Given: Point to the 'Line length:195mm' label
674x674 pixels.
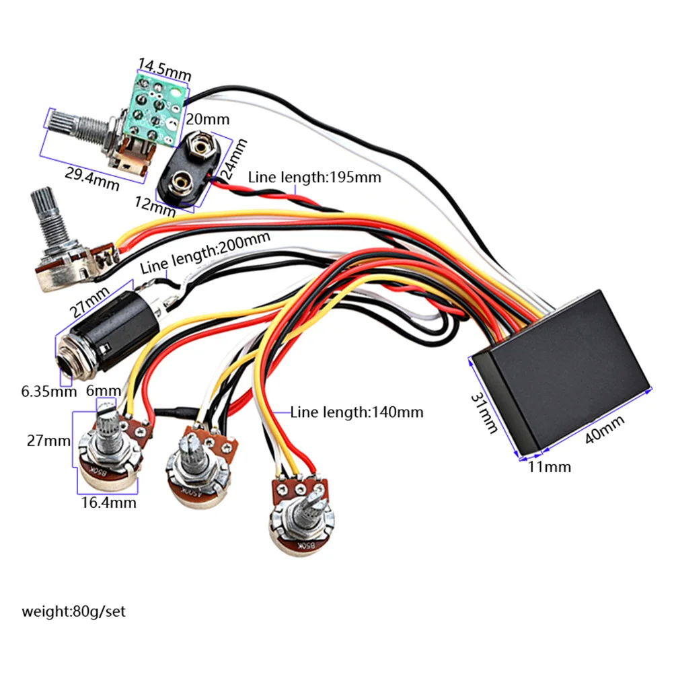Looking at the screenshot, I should tap(314, 178).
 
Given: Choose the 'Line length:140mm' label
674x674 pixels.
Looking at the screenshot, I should tap(357, 412).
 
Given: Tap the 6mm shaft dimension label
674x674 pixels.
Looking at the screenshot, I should tap(104, 391).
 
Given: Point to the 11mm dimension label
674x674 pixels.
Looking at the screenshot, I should tap(550, 466).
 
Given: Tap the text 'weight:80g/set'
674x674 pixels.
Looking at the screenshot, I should tap(73, 612).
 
